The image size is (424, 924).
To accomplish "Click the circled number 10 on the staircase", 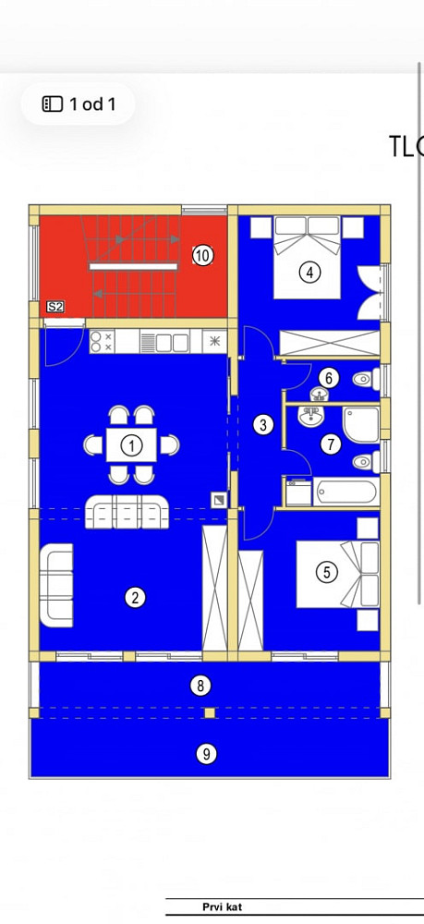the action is [x=202, y=256].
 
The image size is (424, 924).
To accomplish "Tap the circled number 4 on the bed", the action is [x=309, y=273].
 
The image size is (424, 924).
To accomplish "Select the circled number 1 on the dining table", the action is [x=132, y=445].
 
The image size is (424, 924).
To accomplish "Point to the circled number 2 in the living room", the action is [x=135, y=598].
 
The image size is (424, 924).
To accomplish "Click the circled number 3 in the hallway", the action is [x=263, y=424].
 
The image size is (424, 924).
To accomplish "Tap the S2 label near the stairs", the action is [x=55, y=307].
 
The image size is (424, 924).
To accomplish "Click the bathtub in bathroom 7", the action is [x=345, y=492].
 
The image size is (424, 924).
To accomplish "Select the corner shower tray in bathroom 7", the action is [x=361, y=424].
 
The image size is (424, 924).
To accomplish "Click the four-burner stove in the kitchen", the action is [x=102, y=342].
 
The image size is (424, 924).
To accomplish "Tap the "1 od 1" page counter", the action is [x=79, y=104].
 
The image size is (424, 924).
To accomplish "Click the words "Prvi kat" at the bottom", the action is [x=222, y=907].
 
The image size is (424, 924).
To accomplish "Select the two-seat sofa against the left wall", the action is [x=56, y=585].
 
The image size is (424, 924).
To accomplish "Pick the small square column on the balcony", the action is [x=210, y=713].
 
